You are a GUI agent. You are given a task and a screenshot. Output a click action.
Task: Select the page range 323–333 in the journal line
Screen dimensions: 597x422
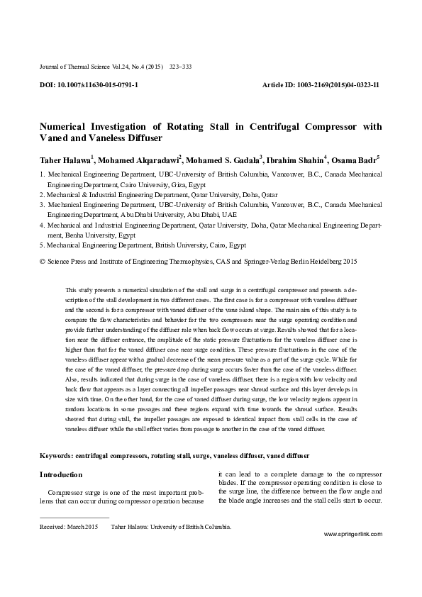click(181, 67)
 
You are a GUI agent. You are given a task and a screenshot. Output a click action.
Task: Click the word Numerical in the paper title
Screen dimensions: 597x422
click(67, 127)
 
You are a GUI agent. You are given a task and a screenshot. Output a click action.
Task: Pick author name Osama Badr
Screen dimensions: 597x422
click(356, 160)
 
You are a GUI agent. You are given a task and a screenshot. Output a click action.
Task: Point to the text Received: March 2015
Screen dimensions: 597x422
click(69, 527)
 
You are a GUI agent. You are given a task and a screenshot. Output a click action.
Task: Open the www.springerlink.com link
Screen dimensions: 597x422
click(353, 552)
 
